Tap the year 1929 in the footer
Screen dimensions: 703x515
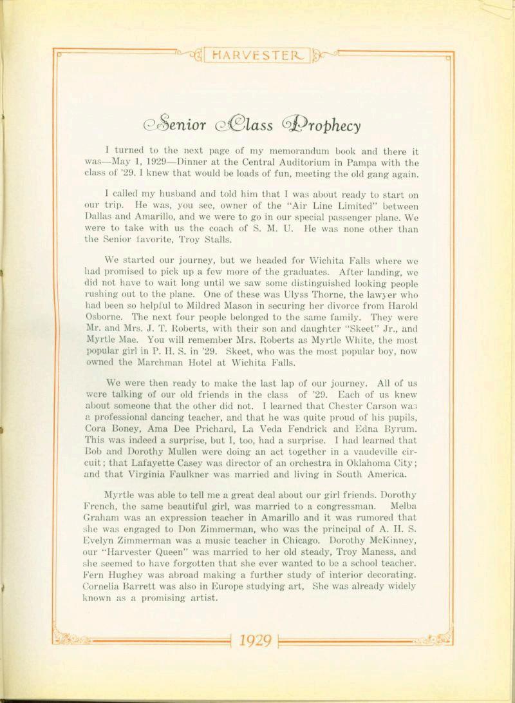click(255, 641)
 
